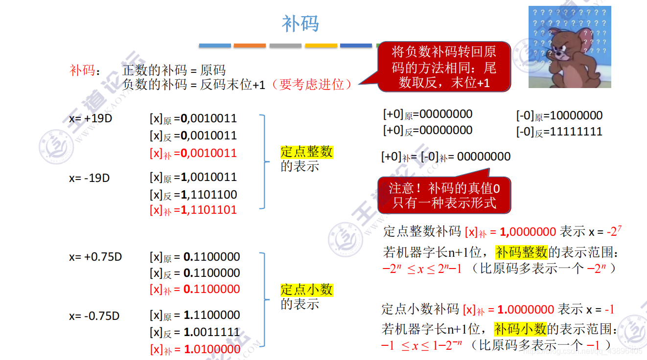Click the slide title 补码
[x=300, y=23]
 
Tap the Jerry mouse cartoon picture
[x=570, y=47]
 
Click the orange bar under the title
[x=250, y=45]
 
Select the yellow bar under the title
[x=321, y=45]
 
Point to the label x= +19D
[x=91, y=118]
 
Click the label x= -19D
[x=89, y=178]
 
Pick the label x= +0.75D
[x=95, y=257]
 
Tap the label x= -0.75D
[x=94, y=316]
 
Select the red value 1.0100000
[x=212, y=349]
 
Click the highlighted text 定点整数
[x=307, y=152]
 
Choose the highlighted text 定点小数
[x=307, y=290]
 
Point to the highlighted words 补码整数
[x=521, y=252]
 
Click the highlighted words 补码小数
[x=520, y=328]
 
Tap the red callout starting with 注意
[x=444, y=195]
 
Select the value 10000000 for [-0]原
[x=576, y=116]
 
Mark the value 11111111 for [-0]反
[x=576, y=132]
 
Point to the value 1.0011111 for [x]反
[x=212, y=332]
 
